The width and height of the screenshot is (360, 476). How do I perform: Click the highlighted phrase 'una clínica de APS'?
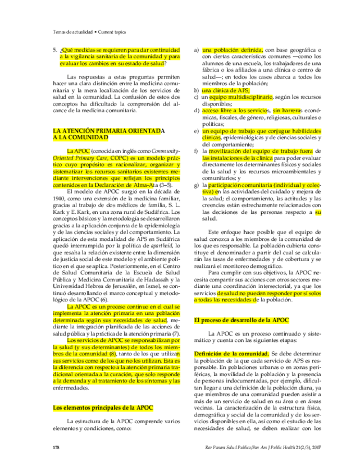click(226, 90)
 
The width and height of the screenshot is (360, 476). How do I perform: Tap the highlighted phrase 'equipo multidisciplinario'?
click(241, 97)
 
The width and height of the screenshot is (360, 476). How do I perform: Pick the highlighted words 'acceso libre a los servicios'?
click(236, 111)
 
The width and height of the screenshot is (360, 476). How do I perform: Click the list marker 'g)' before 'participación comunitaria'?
click(197, 185)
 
